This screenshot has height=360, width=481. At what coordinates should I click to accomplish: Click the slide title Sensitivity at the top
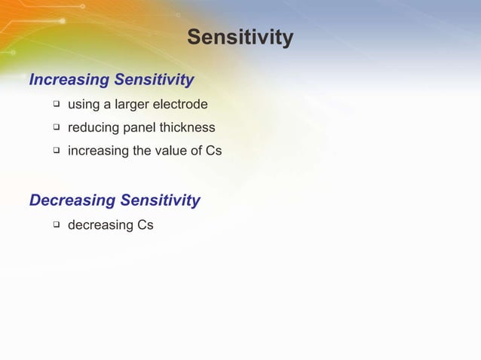(240, 38)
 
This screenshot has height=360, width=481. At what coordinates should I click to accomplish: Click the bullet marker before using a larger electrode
(56, 103)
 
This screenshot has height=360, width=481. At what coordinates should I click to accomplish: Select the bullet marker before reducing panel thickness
(56, 127)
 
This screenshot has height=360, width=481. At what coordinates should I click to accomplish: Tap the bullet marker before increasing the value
(56, 150)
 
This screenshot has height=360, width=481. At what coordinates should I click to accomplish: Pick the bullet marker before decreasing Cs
(56, 224)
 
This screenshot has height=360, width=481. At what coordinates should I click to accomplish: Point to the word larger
(131, 104)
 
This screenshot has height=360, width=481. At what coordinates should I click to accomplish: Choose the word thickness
(188, 127)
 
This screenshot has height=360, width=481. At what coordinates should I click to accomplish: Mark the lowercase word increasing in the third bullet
(98, 151)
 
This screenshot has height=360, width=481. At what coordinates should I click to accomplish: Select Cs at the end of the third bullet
(213, 150)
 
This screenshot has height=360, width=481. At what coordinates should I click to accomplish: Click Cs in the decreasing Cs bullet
(146, 224)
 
